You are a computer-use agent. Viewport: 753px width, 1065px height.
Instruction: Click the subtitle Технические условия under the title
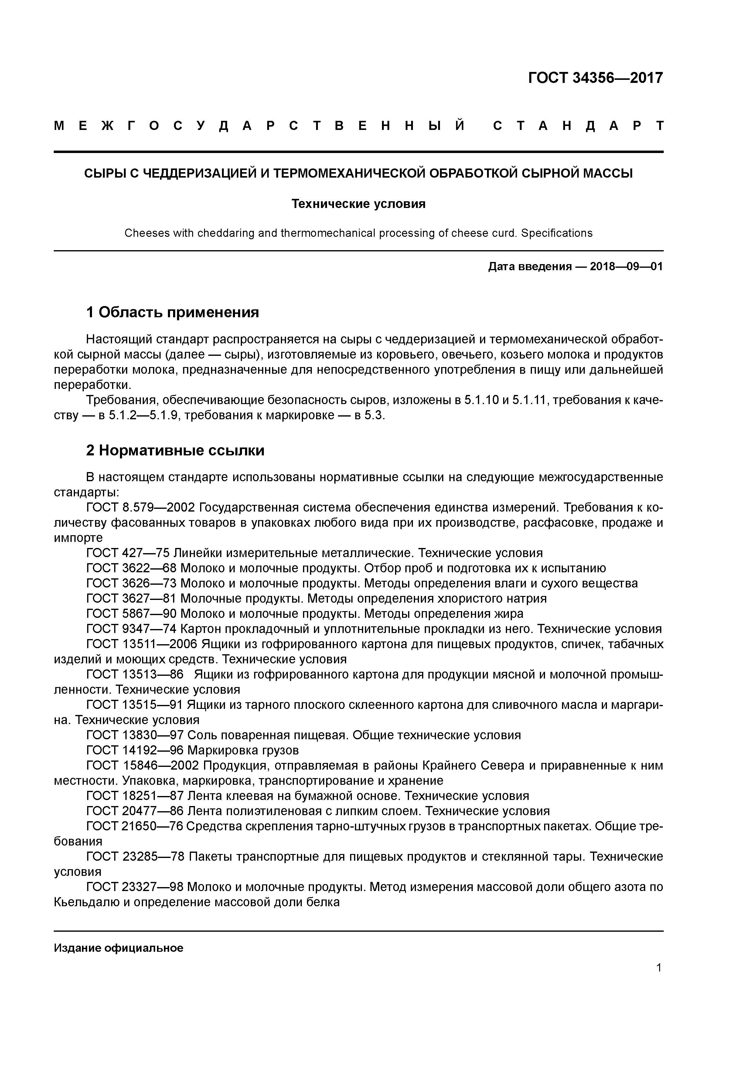pyautogui.click(x=358, y=204)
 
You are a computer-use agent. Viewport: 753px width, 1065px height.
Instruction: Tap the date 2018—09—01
pyautogui.click(x=626, y=267)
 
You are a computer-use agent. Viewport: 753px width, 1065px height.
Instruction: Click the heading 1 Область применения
pyautogui.click(x=172, y=312)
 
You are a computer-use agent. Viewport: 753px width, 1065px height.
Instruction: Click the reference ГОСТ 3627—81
pyautogui.click(x=132, y=598)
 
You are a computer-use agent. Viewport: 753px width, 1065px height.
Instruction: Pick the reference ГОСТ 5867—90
pyautogui.click(x=132, y=614)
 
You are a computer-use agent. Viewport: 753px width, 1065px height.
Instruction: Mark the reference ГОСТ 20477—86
pyautogui.click(x=135, y=811)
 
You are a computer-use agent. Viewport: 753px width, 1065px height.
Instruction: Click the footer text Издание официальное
pyautogui.click(x=118, y=948)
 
